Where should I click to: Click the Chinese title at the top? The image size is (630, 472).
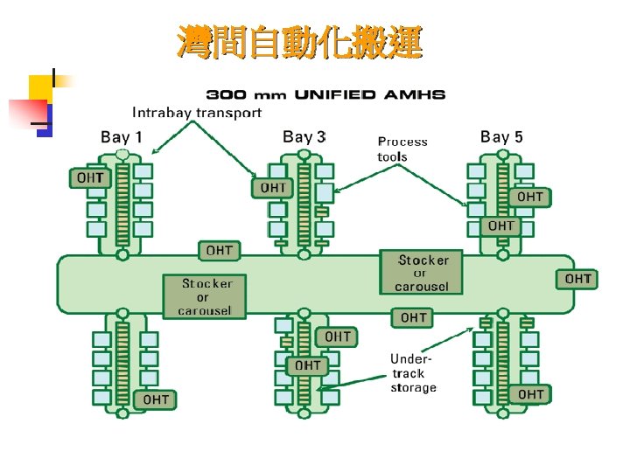[x=299, y=41]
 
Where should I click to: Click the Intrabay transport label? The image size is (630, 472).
[x=197, y=112]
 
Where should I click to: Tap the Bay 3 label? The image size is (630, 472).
[x=304, y=136]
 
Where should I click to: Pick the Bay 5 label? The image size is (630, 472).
[x=501, y=136]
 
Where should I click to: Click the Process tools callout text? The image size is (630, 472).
[x=402, y=149]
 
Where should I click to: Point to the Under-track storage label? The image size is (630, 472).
[x=413, y=372]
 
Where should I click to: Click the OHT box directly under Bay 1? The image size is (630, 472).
[x=90, y=177]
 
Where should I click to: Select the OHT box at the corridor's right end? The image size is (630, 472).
[x=578, y=279]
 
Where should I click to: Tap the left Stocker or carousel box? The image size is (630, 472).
[x=207, y=296]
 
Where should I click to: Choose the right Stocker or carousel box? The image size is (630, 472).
[x=422, y=273]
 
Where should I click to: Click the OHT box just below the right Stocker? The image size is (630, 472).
[x=414, y=317]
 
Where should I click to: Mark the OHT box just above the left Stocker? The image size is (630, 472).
[x=220, y=251]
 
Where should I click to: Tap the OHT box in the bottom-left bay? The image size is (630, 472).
[x=156, y=399]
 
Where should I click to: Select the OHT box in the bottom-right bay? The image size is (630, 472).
[x=530, y=394]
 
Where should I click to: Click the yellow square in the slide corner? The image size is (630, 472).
[x=40, y=87]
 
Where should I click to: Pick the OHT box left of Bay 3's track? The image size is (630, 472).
[x=273, y=187]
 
